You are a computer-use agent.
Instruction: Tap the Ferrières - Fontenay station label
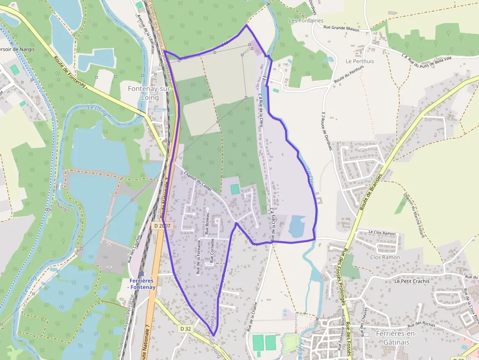point(142,284)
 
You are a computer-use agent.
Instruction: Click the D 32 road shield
point(185,329)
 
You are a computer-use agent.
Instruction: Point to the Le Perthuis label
point(359,61)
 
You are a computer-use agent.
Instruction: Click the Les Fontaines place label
point(306,21)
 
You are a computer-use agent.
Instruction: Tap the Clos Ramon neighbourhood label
point(385,257)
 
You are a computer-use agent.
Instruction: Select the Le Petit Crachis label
point(412,281)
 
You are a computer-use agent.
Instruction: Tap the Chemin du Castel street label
point(197,181)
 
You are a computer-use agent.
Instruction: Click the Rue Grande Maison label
point(341,29)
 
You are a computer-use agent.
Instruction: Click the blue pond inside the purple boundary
point(297,226)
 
